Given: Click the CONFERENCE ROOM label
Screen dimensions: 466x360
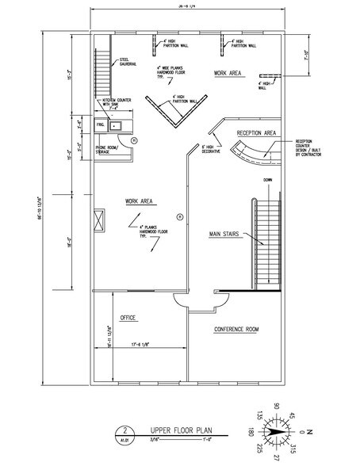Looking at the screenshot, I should pos(237,328).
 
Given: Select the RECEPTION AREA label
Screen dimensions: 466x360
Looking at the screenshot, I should pos(255,132).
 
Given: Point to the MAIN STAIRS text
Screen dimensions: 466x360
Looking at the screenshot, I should pos(225,234).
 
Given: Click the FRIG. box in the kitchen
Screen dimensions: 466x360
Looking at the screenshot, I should pos(101,126).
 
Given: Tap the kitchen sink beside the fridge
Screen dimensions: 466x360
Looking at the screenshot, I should pos(116,125).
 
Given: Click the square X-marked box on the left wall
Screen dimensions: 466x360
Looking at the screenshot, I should pos(99,220).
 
